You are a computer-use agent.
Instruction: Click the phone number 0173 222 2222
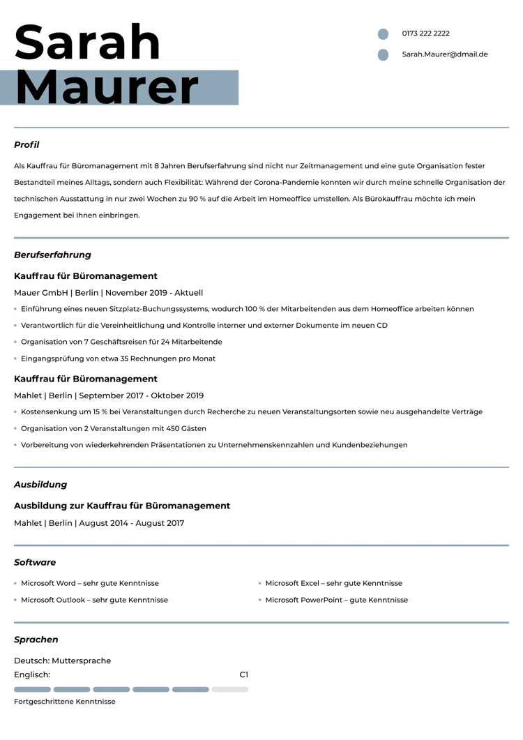click(425, 33)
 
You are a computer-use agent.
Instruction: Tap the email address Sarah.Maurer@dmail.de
click(444, 54)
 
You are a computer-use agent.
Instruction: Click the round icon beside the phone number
click(383, 34)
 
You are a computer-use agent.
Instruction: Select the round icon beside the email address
click(383, 55)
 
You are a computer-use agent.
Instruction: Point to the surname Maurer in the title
click(107, 87)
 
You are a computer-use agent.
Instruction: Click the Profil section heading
click(26, 145)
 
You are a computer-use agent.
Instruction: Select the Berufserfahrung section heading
click(52, 255)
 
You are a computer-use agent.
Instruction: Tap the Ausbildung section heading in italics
click(40, 485)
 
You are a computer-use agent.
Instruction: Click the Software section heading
click(35, 562)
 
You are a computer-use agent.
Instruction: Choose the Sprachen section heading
click(36, 640)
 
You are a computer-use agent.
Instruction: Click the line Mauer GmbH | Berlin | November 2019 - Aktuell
click(108, 293)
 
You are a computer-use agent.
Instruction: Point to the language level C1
click(243, 675)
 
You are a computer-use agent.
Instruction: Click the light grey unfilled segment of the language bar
click(230, 690)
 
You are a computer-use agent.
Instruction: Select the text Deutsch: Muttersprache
click(62, 660)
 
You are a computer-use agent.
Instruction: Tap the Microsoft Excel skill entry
click(333, 583)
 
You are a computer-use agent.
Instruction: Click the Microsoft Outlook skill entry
click(94, 600)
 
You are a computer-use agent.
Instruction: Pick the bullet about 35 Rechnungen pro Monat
click(118, 358)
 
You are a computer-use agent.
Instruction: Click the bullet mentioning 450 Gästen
click(113, 428)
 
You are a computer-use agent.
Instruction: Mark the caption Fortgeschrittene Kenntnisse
click(64, 702)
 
